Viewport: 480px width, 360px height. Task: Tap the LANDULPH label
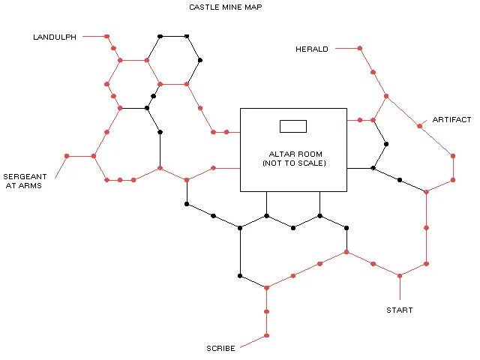point(55,37)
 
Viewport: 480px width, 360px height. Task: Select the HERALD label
point(312,49)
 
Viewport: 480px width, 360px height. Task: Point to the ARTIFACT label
point(451,120)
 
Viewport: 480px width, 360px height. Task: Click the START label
point(399,310)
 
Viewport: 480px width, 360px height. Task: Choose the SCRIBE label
point(220,349)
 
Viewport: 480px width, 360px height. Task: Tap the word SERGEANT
point(25,176)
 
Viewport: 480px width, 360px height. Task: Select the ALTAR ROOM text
point(293,154)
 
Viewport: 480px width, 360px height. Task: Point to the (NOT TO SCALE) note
point(293,163)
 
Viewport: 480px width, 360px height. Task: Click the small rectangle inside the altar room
point(293,126)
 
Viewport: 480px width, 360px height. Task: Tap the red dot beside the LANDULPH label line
point(106,36)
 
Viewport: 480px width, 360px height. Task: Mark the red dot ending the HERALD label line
point(359,48)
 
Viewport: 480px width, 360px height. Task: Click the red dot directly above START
point(399,275)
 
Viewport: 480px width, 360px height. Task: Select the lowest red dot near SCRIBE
point(266,335)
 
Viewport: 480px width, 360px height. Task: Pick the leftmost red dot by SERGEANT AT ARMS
point(67,156)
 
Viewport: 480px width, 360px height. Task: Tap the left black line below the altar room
point(266,203)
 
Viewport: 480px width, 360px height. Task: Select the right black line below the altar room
point(320,203)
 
